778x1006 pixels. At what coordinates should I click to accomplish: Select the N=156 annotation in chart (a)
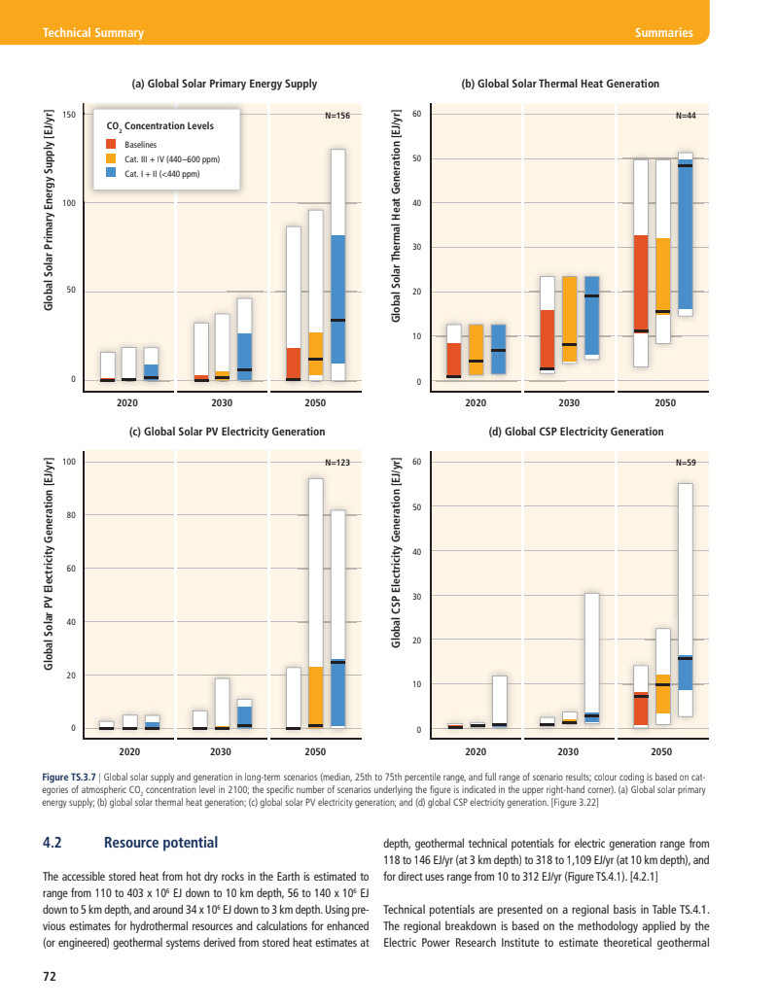336,116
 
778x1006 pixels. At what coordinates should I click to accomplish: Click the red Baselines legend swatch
111,145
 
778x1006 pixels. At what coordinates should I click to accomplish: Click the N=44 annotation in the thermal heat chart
685,116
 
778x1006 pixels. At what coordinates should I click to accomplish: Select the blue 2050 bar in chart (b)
686,233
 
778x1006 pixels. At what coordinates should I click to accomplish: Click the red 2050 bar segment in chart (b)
641,283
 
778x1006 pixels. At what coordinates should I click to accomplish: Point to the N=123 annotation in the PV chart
336,463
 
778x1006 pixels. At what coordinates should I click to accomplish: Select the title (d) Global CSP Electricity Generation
576,432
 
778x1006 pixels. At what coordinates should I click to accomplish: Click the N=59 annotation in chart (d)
685,463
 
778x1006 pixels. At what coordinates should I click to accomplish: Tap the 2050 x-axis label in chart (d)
665,751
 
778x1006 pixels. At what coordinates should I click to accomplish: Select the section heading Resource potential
160,843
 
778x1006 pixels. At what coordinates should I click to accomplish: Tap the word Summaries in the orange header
663,33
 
